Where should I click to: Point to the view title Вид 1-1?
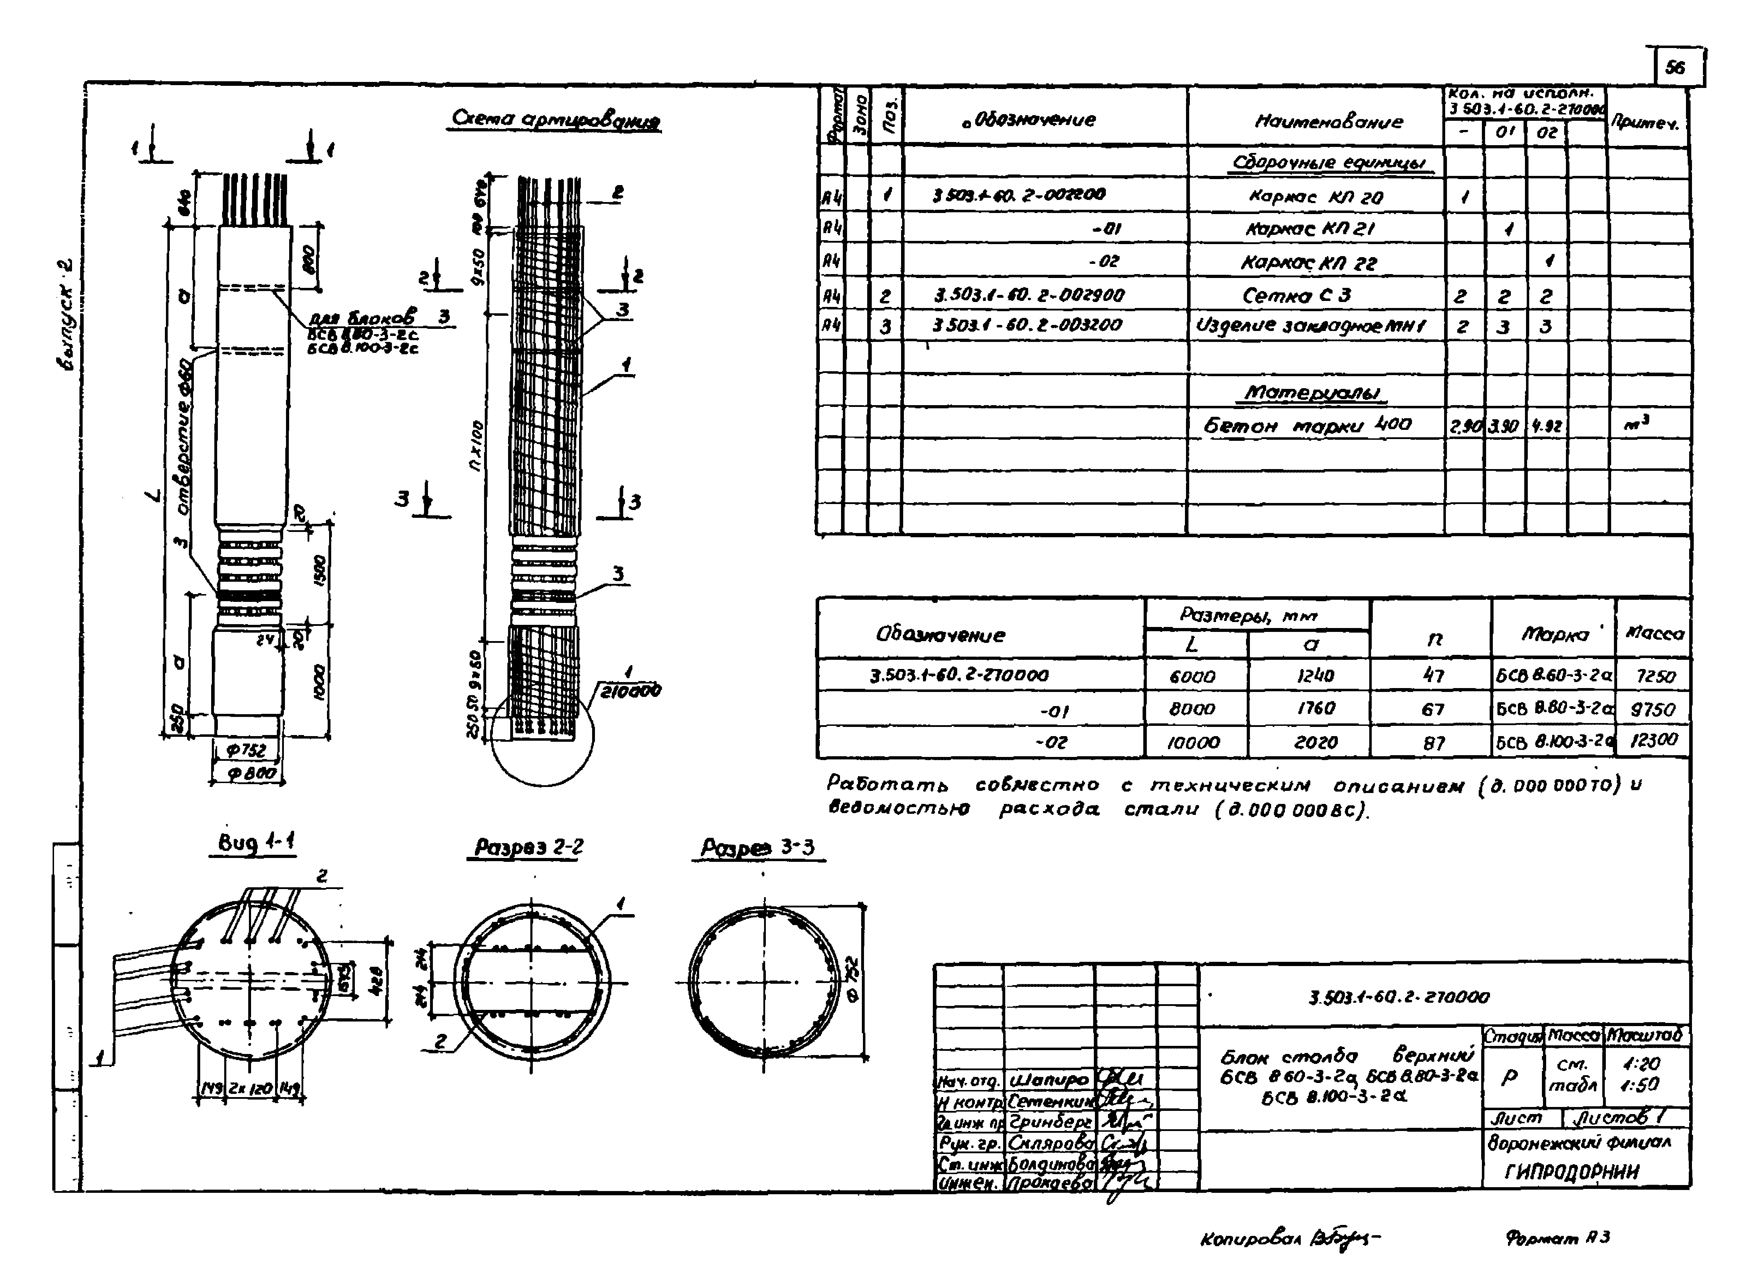tap(255, 842)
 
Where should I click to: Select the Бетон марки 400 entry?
tap(1307, 426)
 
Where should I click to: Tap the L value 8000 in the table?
tap(1192, 709)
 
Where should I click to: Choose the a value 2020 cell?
tap(1315, 742)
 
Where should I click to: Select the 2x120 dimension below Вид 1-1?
tap(250, 1088)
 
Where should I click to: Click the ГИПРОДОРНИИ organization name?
tap(1571, 1172)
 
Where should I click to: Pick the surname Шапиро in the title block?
tap(1048, 1080)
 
